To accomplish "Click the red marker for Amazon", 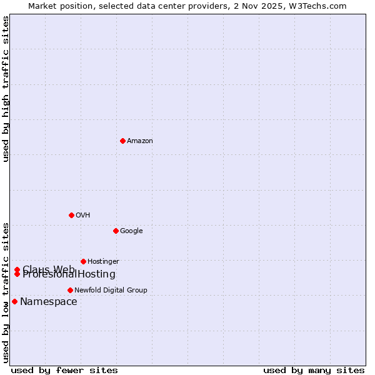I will click(x=122, y=141).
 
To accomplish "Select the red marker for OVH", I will click(x=71, y=215).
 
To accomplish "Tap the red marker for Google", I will click(x=116, y=231).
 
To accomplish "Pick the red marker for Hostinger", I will click(x=83, y=261).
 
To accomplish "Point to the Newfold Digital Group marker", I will click(x=70, y=290).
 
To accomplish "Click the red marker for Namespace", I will click(x=14, y=301).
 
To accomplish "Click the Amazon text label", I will click(x=139, y=141).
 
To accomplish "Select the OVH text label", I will click(x=82, y=216).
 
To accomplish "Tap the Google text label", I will click(x=131, y=231).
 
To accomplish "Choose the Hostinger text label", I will click(x=103, y=261).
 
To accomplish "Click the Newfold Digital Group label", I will click(x=111, y=290).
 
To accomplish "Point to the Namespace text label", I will click(x=48, y=302).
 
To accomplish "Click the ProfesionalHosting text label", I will click(x=69, y=274).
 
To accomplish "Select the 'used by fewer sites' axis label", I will click(x=64, y=370).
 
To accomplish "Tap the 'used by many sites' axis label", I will click(x=314, y=370).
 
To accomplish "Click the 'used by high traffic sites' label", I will click(x=6, y=89).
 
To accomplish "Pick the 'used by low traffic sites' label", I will click(x=6, y=292).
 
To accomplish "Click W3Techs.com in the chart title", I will click(x=320, y=6).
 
